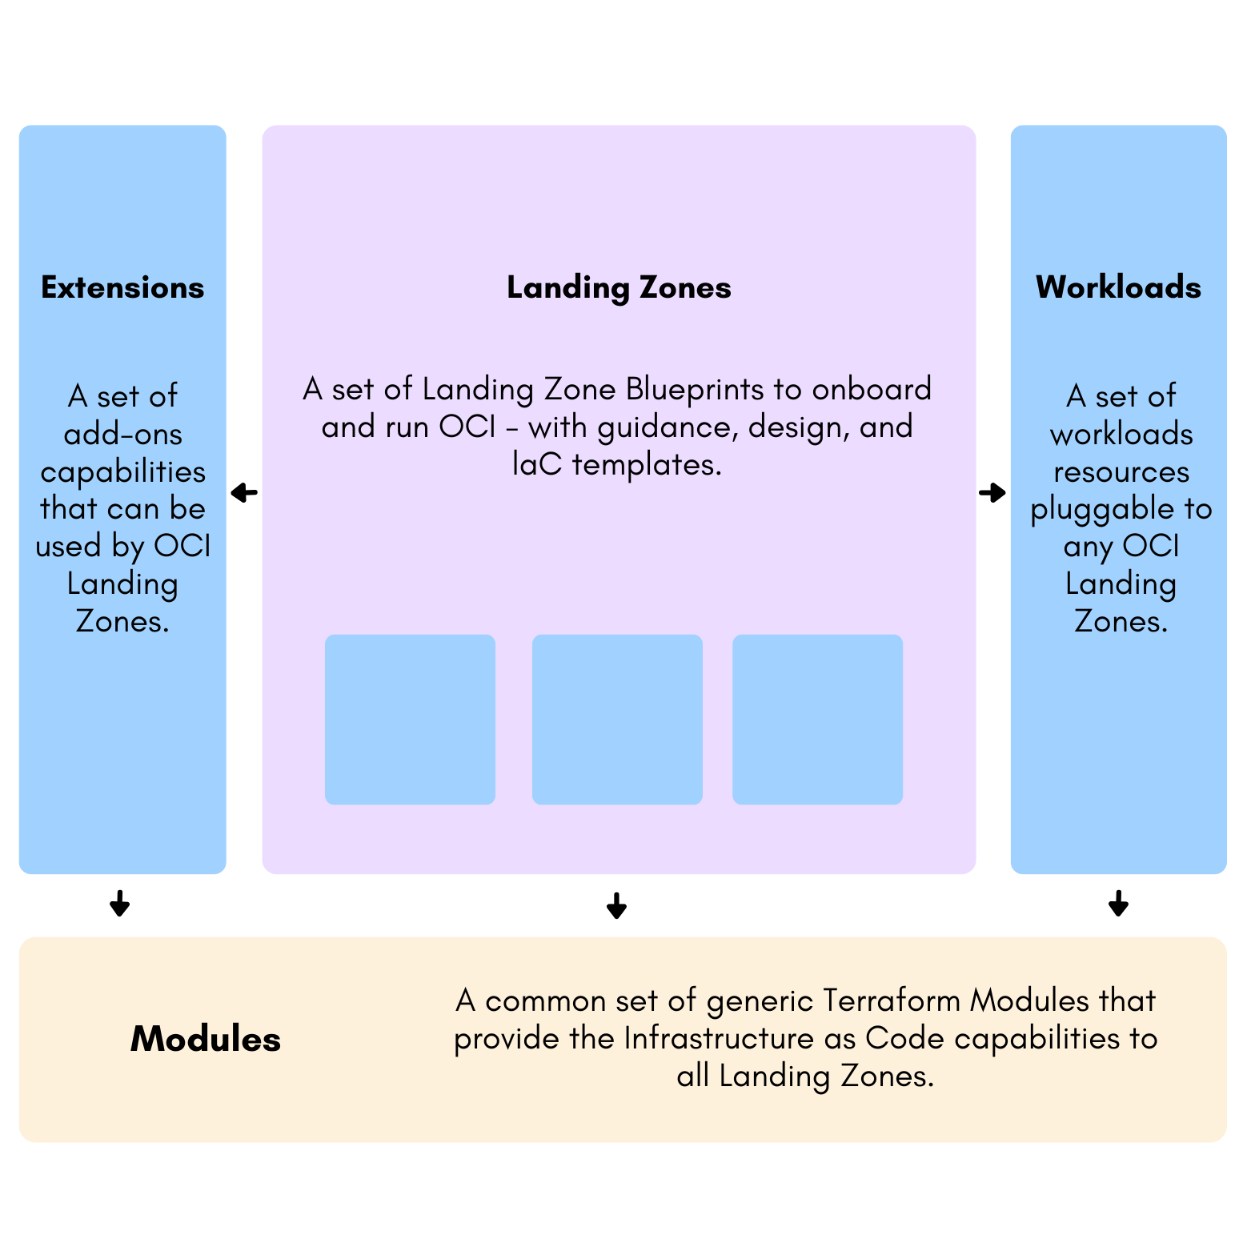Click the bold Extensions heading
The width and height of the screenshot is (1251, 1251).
(122, 287)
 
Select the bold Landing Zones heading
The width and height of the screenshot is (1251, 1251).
(619, 287)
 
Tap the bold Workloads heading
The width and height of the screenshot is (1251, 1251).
(1118, 287)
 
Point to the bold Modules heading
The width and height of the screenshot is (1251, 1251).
(206, 1039)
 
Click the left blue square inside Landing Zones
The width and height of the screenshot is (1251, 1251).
(410, 720)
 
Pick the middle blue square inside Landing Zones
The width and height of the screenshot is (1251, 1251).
(617, 720)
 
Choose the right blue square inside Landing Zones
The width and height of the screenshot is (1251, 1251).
(817, 720)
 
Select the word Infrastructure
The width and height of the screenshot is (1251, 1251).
(718, 1038)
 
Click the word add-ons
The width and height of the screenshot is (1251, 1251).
(123, 434)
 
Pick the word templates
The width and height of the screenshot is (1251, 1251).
(647, 464)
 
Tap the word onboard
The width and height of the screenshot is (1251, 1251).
(872, 389)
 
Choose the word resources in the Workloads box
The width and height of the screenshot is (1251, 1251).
(1121, 472)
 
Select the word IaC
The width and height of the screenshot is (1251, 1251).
(537, 464)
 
